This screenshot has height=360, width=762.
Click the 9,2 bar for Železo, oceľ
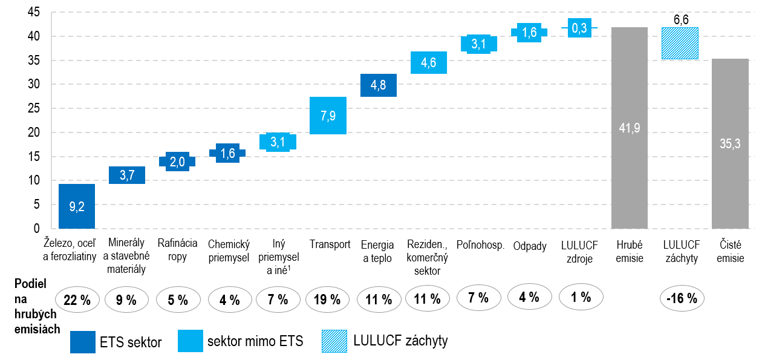click(x=77, y=206)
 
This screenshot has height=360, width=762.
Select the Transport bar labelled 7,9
click(x=328, y=115)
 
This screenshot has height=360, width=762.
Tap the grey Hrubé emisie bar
click(x=630, y=128)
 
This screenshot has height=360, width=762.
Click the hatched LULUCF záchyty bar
click(x=680, y=43)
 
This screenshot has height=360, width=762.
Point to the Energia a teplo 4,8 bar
click(x=379, y=85)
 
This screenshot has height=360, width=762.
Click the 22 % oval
click(x=77, y=299)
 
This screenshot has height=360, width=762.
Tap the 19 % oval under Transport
click(x=328, y=299)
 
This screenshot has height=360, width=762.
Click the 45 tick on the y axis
click(x=33, y=13)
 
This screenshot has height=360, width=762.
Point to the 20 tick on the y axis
click(x=33, y=133)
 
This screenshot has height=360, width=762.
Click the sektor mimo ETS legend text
click(x=255, y=342)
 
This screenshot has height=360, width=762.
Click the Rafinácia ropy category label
click(x=177, y=250)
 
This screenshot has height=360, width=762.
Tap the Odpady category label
click(x=530, y=246)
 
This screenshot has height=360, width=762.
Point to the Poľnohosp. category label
click(x=480, y=245)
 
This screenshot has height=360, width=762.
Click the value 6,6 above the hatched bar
click(x=681, y=19)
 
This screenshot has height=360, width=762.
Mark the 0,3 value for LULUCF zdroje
click(x=579, y=28)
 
